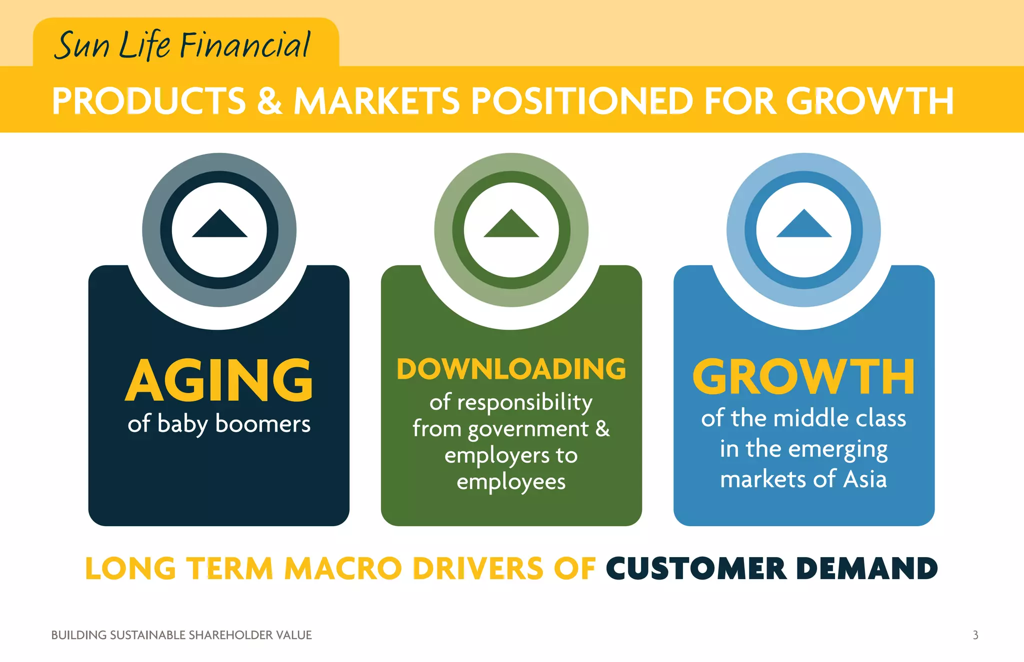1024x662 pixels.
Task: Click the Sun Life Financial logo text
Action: (182, 45)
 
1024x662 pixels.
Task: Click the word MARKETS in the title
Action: (376, 101)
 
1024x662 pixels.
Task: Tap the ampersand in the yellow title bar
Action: (269, 101)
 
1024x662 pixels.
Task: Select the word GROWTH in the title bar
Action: (869, 101)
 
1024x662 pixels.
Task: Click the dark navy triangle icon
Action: (219, 225)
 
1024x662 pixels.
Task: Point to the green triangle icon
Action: (511, 225)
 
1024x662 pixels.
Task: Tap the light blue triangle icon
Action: (803, 225)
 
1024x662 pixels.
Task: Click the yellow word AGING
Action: (219, 380)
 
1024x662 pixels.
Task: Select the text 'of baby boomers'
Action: (219, 424)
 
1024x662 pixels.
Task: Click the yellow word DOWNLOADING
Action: (511, 369)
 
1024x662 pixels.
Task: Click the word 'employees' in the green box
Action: (511, 482)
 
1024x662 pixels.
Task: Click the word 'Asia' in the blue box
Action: (865, 479)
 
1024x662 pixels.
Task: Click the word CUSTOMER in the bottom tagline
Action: (696, 569)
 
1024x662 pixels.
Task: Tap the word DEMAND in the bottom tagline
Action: (866, 569)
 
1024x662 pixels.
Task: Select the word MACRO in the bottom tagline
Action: (343, 569)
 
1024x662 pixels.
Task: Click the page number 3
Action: (975, 635)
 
